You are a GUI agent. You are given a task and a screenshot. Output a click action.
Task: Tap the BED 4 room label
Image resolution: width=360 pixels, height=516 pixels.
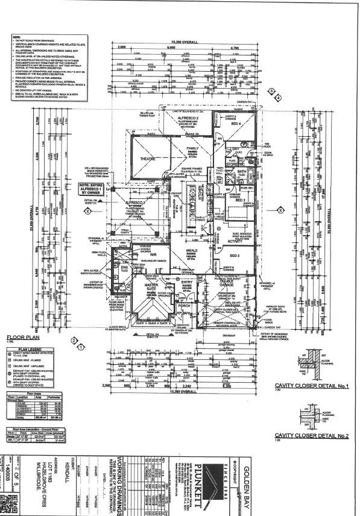[235, 124]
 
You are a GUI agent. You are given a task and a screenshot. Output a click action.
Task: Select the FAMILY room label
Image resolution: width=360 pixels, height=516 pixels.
[193, 148]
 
